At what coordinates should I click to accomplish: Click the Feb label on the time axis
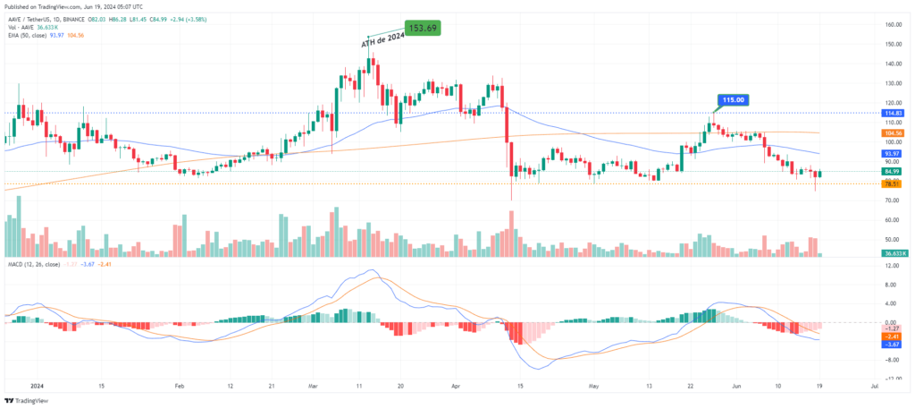[x=180, y=385]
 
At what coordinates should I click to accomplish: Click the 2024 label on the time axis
[x=36, y=385]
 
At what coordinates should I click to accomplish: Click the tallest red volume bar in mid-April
[x=511, y=234]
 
